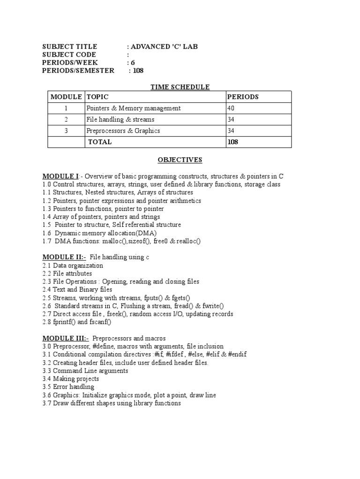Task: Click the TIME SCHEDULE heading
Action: [x=180, y=87]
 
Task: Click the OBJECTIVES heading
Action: [x=180, y=160]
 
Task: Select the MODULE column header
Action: [x=66, y=97]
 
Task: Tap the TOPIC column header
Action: [x=97, y=97]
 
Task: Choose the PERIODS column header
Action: [x=242, y=97]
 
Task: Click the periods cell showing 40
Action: [x=231, y=108]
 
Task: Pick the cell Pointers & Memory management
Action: [x=133, y=108]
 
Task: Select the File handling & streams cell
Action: [x=120, y=119]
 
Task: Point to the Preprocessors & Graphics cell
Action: [x=123, y=131]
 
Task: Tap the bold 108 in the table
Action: [x=232, y=142]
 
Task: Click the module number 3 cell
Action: [x=66, y=131]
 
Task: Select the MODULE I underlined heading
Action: [x=60, y=176]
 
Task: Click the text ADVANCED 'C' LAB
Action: [x=161, y=46]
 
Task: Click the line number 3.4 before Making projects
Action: [x=46, y=379]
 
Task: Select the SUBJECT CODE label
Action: [x=69, y=54]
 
